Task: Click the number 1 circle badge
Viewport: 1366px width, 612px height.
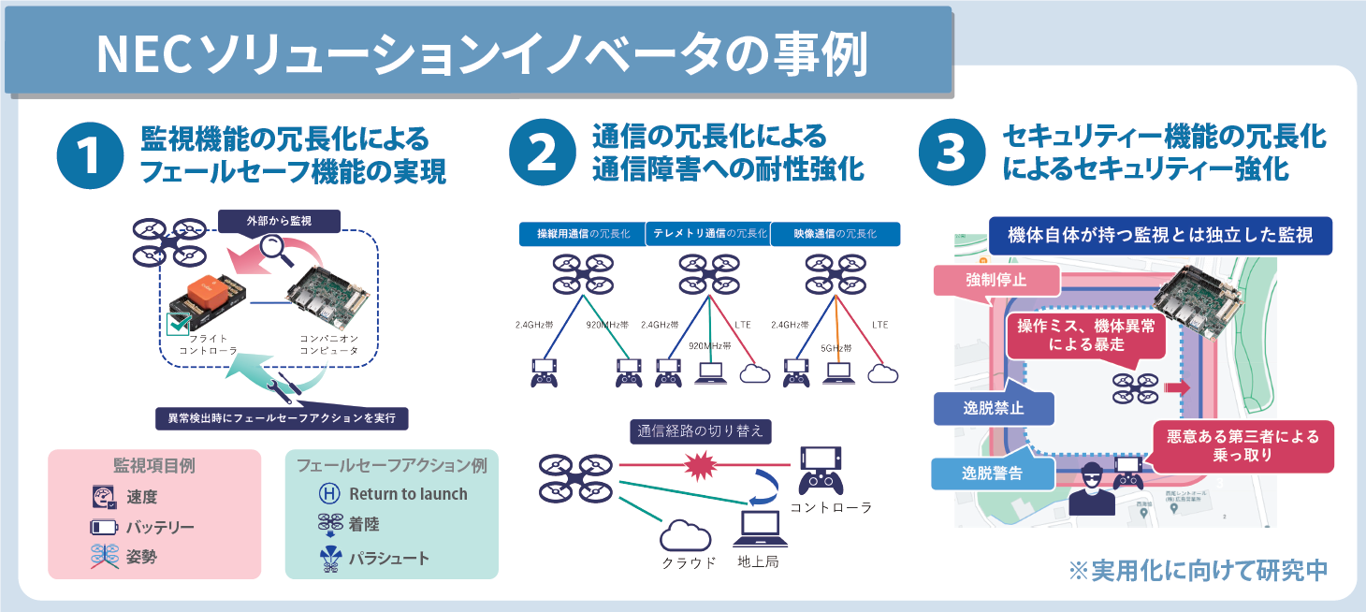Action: [90, 155]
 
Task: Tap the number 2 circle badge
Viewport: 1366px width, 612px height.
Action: [542, 155]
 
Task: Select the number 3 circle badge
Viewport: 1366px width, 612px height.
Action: [951, 155]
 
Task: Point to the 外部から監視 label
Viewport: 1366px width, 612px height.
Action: [279, 221]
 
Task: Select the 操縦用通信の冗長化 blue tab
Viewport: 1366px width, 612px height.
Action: [581, 233]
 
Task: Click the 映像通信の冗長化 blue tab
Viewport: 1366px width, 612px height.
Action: [835, 233]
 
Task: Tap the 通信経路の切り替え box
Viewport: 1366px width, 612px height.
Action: [701, 431]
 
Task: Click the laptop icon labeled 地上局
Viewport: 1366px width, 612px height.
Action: [758, 531]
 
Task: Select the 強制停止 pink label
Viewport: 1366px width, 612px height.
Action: [996, 280]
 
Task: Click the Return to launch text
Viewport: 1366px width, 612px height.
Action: [408, 494]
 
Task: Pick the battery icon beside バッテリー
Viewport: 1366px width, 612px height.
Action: [104, 527]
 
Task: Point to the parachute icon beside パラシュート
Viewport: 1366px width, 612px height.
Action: [330, 559]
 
